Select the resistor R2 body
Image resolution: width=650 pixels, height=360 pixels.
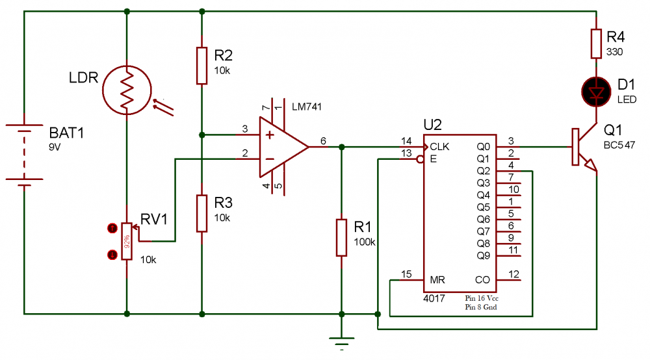[202, 65]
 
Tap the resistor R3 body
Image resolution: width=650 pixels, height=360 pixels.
[202, 213]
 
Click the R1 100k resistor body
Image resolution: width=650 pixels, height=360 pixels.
[341, 238]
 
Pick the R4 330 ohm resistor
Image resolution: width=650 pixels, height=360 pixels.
[596, 44]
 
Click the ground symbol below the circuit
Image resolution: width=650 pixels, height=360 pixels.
[341, 339]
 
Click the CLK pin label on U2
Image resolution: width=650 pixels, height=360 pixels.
[439, 147]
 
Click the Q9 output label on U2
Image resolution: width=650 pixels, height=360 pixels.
[484, 255]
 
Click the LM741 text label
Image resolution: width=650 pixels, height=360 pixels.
[307, 107]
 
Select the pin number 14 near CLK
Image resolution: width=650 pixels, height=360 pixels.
[406, 141]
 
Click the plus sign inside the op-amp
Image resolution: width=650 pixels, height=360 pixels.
[268, 136]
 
